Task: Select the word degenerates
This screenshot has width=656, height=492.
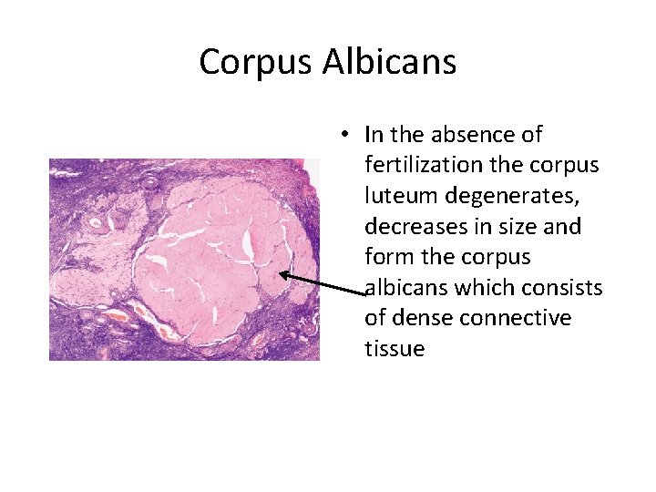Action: [x=504, y=196]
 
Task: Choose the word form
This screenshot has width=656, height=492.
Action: [x=386, y=257]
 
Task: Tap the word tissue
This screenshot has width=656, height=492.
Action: [x=395, y=349]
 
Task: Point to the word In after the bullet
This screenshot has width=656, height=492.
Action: [x=374, y=135]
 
